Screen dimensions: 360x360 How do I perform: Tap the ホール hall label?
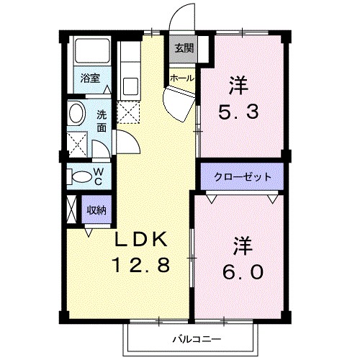(180, 76)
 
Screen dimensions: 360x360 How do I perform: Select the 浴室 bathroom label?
(90, 78)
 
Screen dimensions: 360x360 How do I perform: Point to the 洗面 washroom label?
(102, 120)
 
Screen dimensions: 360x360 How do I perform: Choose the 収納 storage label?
(97, 210)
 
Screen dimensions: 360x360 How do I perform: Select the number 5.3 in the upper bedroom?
(238, 112)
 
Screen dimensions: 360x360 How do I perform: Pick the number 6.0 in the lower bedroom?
(243, 272)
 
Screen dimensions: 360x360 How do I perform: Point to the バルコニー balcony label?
(195, 338)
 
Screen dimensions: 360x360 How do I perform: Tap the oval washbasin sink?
(76, 114)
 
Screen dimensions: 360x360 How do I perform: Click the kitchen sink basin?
(130, 86)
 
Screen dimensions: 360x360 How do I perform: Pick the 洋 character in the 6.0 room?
(243, 245)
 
